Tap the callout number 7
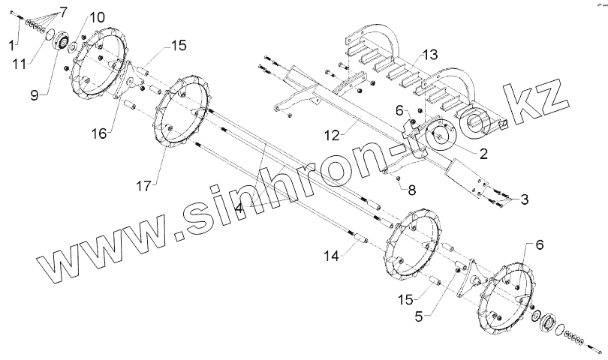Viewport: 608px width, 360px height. pyautogui.click(x=63, y=11)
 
